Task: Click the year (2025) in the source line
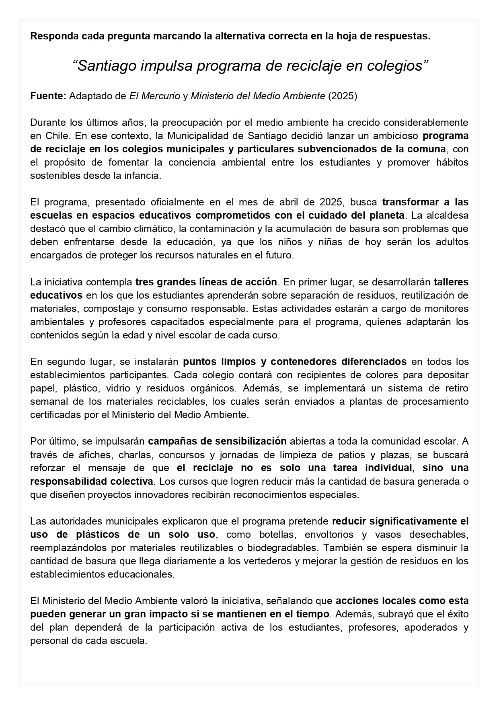pyautogui.click(x=343, y=96)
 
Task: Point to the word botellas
pyautogui.click(x=276, y=535)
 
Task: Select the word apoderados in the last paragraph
pyautogui.click(x=428, y=627)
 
